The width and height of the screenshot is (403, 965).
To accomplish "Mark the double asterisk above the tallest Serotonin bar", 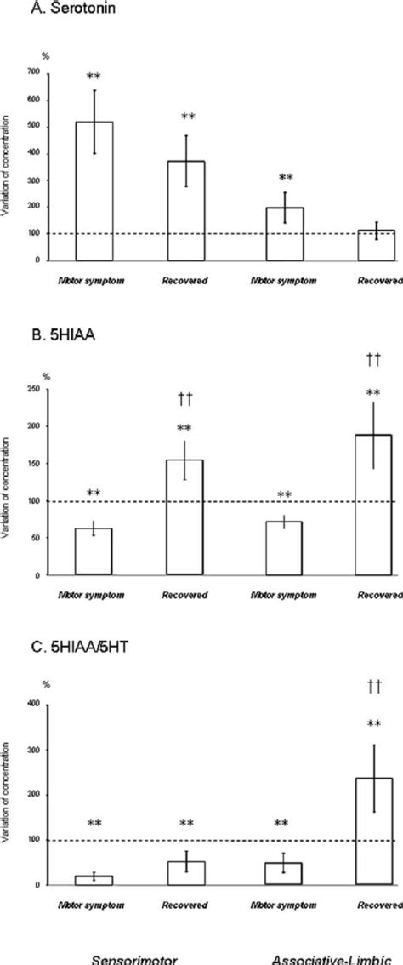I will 94,76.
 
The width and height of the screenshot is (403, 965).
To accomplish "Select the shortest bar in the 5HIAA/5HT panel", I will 94,880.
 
